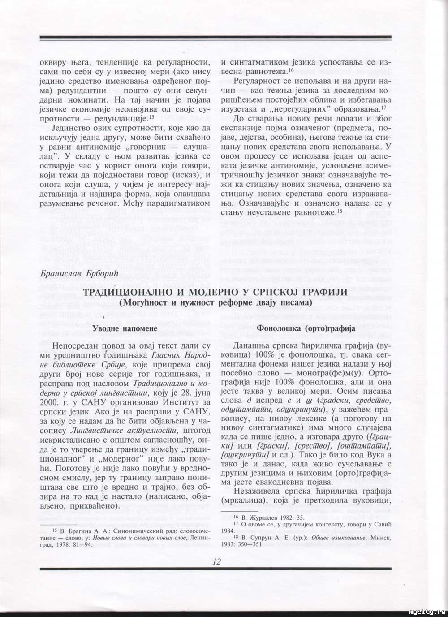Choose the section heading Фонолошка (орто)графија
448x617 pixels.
coord(306,328)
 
